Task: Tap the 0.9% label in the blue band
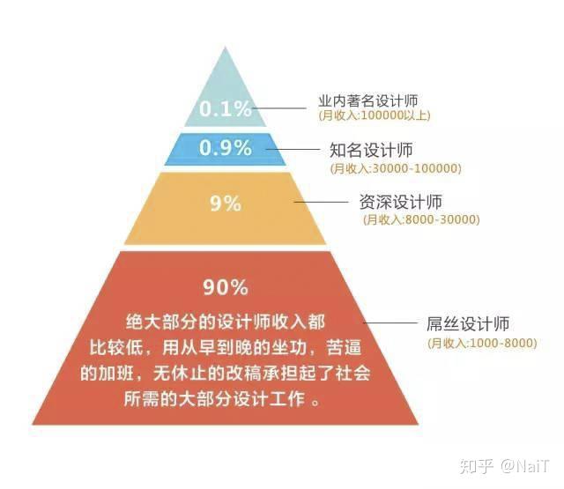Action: point(226,149)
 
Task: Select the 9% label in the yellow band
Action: point(226,204)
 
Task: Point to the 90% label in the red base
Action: point(226,287)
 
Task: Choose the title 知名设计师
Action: point(370,151)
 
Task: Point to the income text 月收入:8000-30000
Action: point(419,219)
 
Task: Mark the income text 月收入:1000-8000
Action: point(479,342)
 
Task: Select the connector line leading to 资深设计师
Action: point(321,203)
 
